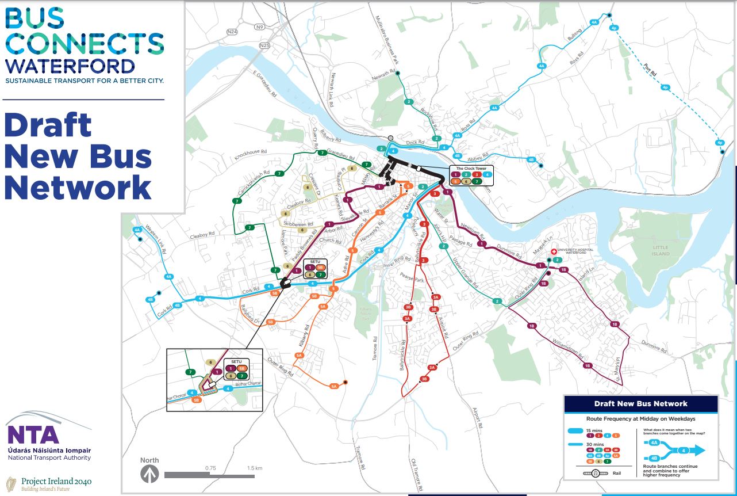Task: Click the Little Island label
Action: pyautogui.click(x=661, y=250)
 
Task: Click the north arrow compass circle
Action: pyautogui.click(x=151, y=475)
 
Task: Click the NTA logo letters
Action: pyautogui.click(x=33, y=434)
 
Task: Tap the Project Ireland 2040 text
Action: pyautogui.click(x=56, y=481)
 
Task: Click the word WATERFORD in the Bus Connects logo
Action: pyautogui.click(x=70, y=65)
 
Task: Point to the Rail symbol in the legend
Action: pyautogui.click(x=596, y=473)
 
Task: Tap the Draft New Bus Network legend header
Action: pyautogui.click(x=641, y=403)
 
